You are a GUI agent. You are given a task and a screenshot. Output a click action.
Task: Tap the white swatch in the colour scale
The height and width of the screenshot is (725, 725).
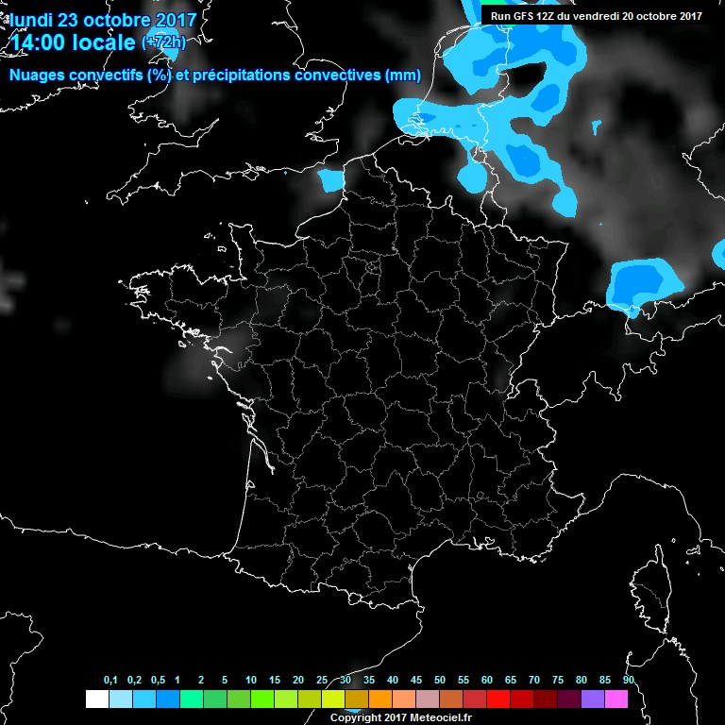96,700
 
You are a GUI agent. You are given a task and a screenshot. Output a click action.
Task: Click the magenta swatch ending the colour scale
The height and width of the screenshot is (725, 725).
616,700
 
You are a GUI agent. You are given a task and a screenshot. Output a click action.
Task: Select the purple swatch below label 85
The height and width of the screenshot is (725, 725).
593,700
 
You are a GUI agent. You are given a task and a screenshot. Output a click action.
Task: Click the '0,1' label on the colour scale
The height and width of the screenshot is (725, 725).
110,681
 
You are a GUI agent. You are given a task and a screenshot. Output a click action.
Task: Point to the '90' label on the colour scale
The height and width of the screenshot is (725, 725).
629,681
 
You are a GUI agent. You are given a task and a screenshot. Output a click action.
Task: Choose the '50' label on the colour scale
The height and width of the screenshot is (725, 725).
440,681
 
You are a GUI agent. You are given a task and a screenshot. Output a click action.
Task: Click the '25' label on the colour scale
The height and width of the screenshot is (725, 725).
322,681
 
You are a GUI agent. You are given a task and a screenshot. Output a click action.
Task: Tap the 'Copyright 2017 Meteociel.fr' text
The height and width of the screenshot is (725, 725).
400,718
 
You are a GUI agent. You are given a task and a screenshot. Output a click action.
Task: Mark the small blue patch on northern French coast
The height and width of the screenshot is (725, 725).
330,179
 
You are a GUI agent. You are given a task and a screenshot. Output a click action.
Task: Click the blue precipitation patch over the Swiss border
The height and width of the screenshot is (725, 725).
643,283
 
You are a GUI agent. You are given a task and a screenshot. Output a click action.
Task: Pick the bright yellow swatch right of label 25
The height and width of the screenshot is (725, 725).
333,700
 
